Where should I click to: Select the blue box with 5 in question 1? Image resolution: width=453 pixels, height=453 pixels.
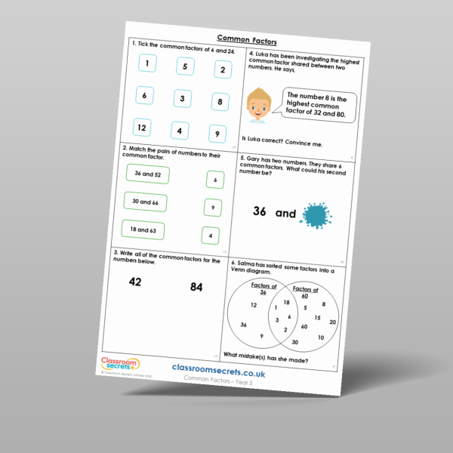pos(185,66)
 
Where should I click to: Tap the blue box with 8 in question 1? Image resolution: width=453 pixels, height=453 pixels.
pos(217,102)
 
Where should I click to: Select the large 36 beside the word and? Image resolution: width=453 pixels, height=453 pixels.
pos(260,211)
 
